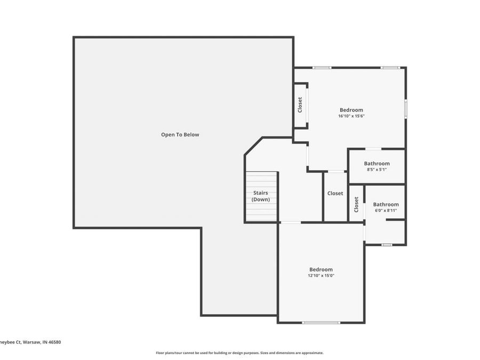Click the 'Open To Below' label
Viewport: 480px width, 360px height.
pyautogui.click(x=180, y=135)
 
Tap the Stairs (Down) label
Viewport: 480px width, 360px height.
pyautogui.click(x=261, y=196)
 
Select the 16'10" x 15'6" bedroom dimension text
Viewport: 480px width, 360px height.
pyautogui.click(x=351, y=116)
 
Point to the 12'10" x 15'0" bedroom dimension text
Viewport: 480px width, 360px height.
pyautogui.click(x=321, y=276)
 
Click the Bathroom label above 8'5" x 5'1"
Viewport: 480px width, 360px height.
pyautogui.click(x=377, y=164)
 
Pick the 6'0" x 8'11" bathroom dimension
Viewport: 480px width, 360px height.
pyautogui.click(x=386, y=211)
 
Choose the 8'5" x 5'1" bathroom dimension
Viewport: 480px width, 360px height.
pyautogui.click(x=377, y=170)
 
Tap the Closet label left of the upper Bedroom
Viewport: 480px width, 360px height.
pyautogui.click(x=300, y=105)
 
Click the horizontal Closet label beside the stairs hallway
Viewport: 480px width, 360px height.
pyautogui.click(x=335, y=194)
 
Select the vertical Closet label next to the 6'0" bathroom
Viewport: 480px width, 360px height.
pyautogui.click(x=356, y=204)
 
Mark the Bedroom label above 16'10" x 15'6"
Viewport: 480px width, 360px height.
pyautogui.click(x=351, y=110)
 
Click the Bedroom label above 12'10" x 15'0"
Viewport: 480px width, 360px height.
pyautogui.click(x=321, y=269)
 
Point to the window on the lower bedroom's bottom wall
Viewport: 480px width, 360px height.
pyautogui.click(x=321, y=322)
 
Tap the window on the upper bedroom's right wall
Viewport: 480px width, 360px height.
pyautogui.click(x=405, y=108)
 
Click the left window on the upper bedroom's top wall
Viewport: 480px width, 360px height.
pyautogui.click(x=322, y=68)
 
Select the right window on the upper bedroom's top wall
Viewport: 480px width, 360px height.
pyautogui.click(x=390, y=68)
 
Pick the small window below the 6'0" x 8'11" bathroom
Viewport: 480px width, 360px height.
pyautogui.click(x=386, y=245)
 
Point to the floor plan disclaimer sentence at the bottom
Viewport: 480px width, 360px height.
pyautogui.click(x=239, y=353)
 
